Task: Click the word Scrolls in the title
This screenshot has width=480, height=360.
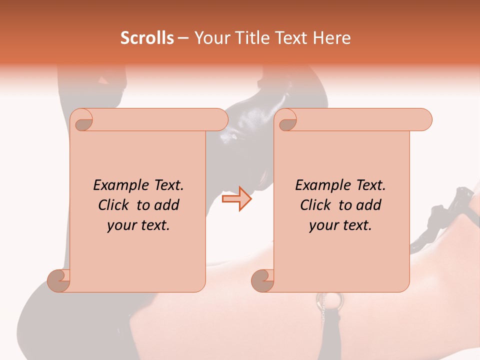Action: (x=147, y=38)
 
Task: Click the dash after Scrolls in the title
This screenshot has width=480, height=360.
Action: (x=183, y=38)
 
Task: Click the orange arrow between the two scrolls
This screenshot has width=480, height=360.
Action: (x=237, y=198)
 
